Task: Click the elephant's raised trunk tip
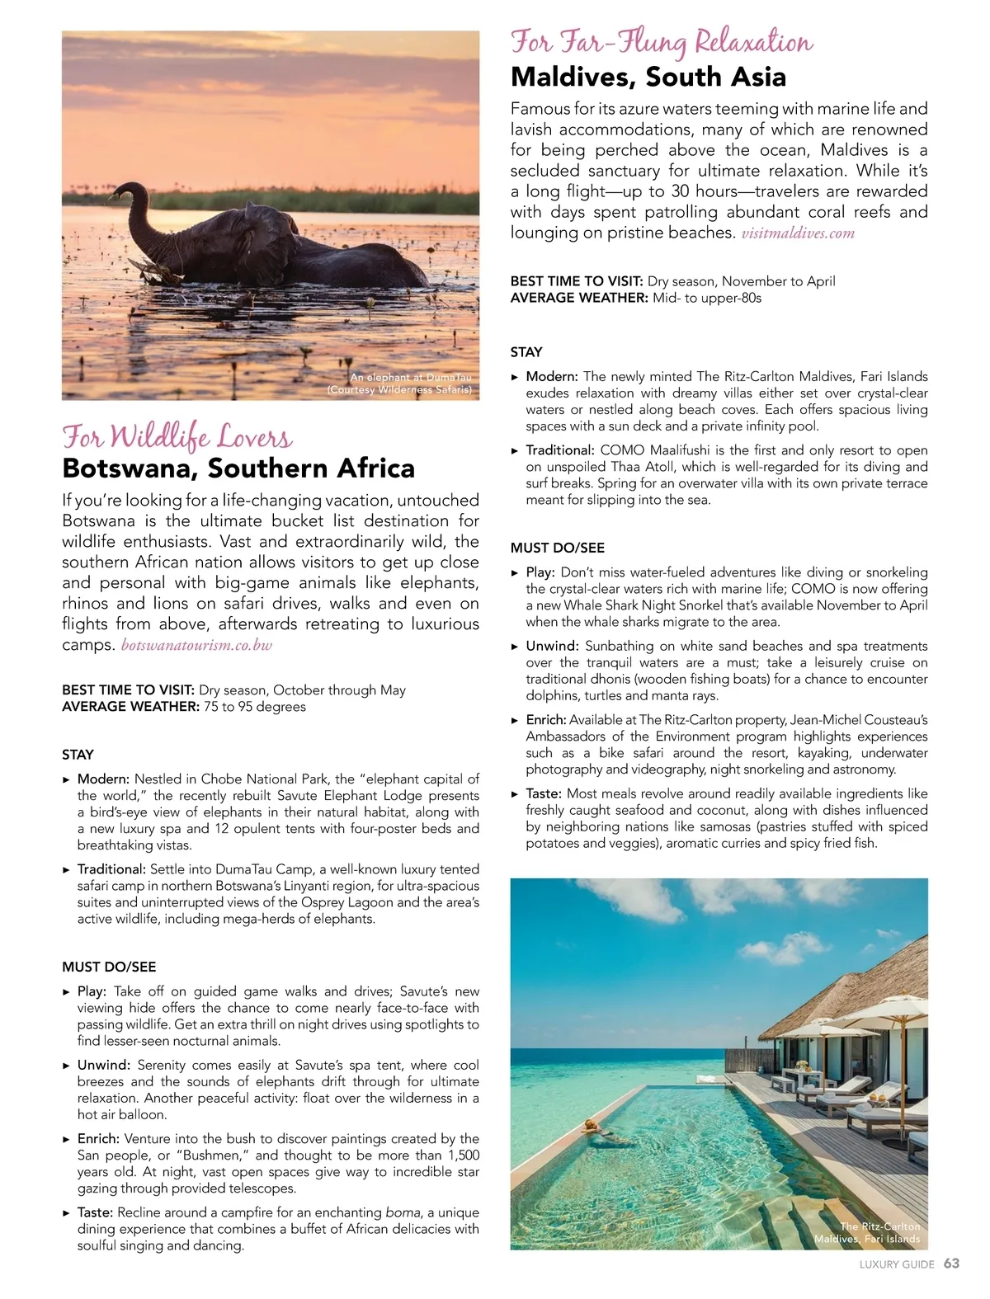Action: point(122,191)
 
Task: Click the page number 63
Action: point(951,1264)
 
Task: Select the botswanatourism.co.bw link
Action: point(196,645)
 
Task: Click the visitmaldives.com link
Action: point(798,233)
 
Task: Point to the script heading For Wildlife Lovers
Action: point(177,435)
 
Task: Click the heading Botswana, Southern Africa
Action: point(238,468)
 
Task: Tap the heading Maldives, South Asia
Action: point(648,77)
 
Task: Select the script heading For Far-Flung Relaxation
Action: point(662,41)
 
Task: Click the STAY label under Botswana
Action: point(78,755)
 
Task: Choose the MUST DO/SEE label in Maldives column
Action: point(557,548)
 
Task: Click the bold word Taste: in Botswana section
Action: point(95,1212)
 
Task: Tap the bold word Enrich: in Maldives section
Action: point(546,720)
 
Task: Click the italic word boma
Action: point(401,1212)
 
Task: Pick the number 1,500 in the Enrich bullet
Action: point(460,1155)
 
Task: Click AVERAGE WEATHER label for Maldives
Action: point(579,298)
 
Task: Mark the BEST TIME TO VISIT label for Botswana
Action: point(128,690)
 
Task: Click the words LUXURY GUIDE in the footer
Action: point(897,1264)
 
